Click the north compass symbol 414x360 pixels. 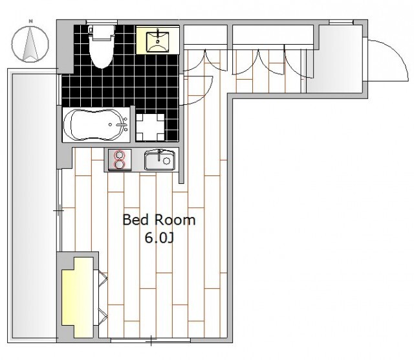[30, 44]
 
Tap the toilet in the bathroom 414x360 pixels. [102, 47]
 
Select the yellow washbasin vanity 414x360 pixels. [157, 41]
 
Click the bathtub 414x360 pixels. [96, 125]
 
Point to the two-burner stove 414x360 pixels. [120, 159]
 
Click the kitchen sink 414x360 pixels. [160, 160]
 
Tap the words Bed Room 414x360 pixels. [159, 220]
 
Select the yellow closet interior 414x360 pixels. [78, 297]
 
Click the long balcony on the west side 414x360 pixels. [34, 206]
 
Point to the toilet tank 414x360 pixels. [102, 32]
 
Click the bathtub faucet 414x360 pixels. [122, 125]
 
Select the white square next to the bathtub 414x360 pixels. [150, 128]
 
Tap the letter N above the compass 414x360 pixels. [31, 21]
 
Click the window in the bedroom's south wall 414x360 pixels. [151, 341]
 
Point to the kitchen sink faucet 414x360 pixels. [159, 155]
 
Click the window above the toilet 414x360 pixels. [102, 22]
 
